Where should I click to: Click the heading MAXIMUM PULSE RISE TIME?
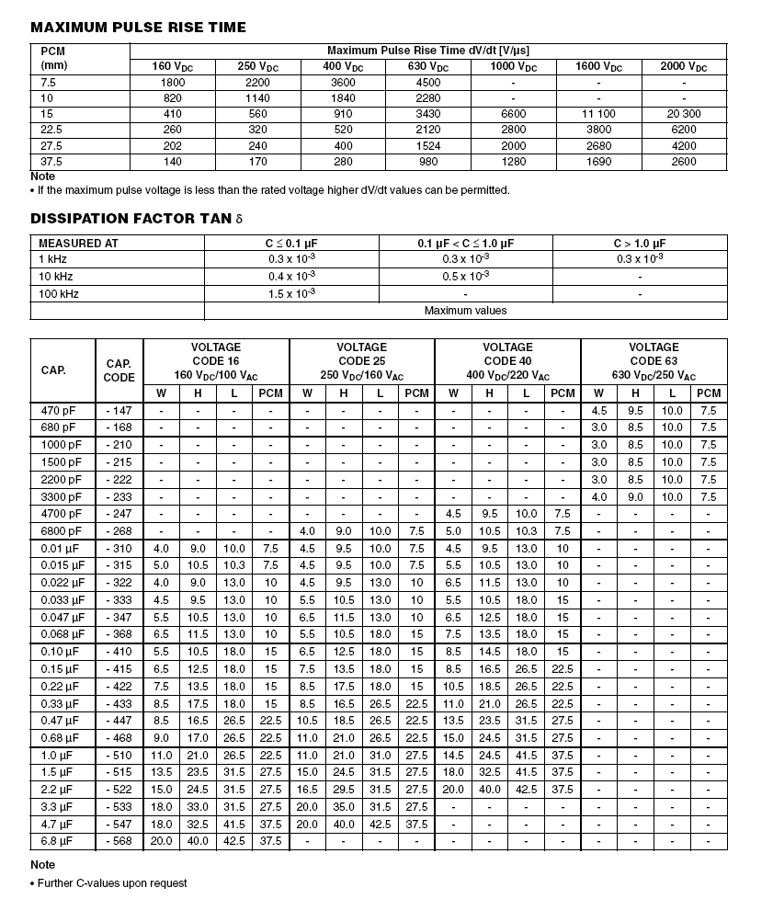coord(139,28)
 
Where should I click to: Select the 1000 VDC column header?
coord(514,67)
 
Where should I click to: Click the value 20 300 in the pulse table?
coord(684,114)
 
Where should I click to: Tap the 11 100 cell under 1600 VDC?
coord(598,114)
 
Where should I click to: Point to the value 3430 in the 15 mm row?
coord(428,114)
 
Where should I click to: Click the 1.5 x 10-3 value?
coord(291,293)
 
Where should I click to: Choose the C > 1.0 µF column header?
coord(640,244)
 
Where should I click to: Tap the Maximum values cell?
coord(465,311)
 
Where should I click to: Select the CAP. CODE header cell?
coord(119,370)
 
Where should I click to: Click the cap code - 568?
coord(119,842)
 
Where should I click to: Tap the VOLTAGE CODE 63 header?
coord(654,361)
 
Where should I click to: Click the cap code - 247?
coord(119,514)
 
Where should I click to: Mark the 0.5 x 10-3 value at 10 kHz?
coord(465,277)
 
